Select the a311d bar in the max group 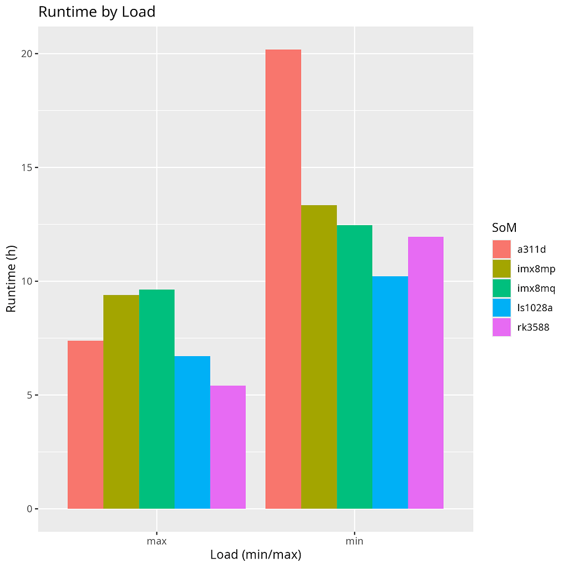click(85, 424)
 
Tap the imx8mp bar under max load click(121, 402)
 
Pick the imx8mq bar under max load click(157, 399)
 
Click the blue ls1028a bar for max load click(192, 432)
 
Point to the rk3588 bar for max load click(228, 447)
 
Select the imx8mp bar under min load click(319, 357)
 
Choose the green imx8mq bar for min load click(354, 367)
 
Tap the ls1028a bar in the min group click(390, 392)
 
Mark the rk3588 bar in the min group click(425, 373)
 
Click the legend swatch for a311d click(501, 249)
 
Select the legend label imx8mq click(536, 288)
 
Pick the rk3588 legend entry click(533, 327)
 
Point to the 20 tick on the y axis click(26, 54)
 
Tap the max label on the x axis click(157, 541)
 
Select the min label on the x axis click(354, 541)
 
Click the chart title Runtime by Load click(97, 12)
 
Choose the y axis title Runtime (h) click(11, 281)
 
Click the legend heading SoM click(505, 227)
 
